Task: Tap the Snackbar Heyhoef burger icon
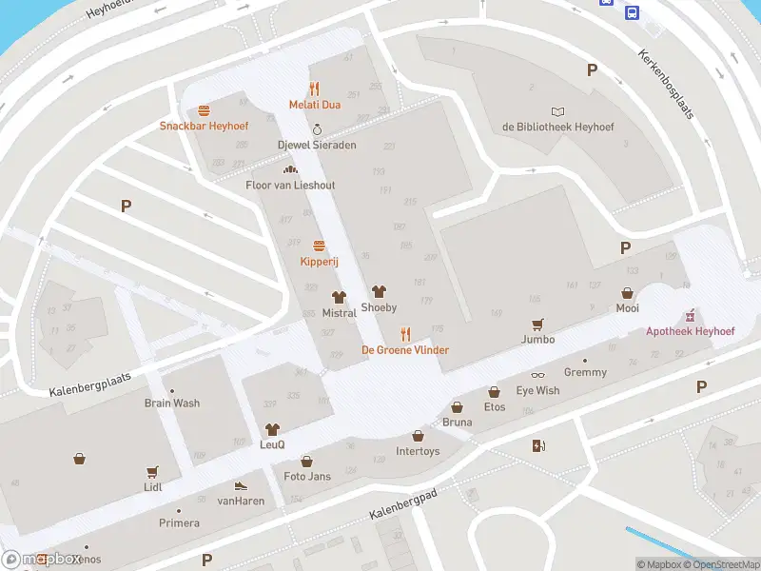pyautogui.click(x=204, y=110)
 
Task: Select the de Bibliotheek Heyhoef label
pyautogui.click(x=558, y=127)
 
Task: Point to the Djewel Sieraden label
pyautogui.click(x=316, y=145)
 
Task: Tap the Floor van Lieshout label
pyautogui.click(x=290, y=185)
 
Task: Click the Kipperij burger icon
pyautogui.click(x=319, y=246)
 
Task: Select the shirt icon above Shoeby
pyautogui.click(x=379, y=292)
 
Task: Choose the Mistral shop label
pyautogui.click(x=340, y=313)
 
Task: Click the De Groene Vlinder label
pyautogui.click(x=404, y=350)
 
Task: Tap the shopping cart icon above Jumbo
pyautogui.click(x=537, y=324)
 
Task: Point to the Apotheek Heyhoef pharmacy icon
pyautogui.click(x=691, y=316)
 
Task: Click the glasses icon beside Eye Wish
pyautogui.click(x=537, y=375)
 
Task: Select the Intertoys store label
pyautogui.click(x=418, y=451)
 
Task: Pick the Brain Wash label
pyautogui.click(x=172, y=403)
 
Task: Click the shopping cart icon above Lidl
pyautogui.click(x=152, y=471)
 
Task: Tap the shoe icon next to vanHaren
pyautogui.click(x=241, y=485)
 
